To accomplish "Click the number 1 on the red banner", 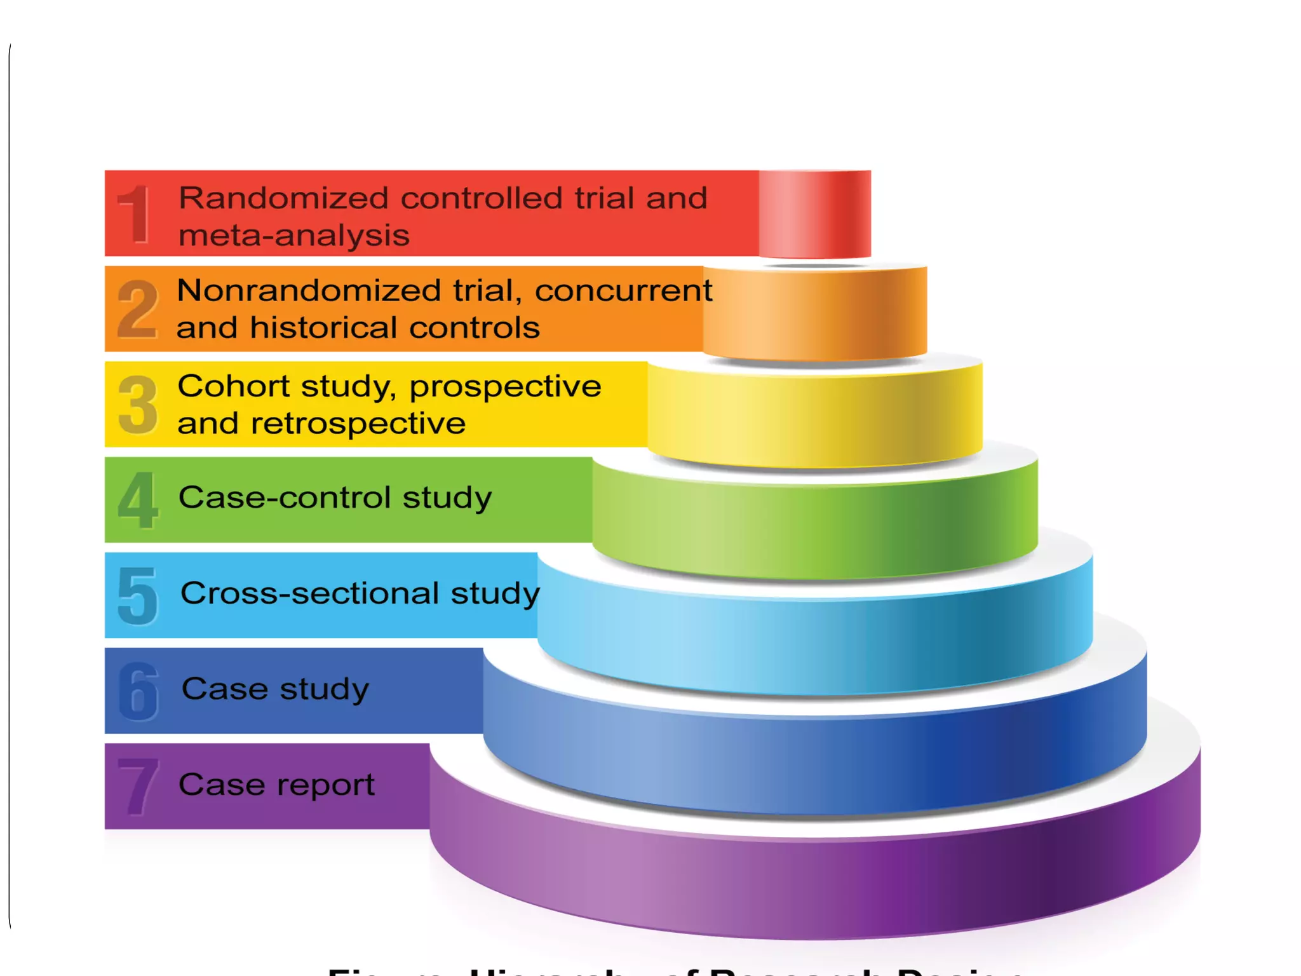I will [135, 214].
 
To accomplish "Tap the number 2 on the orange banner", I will [137, 309].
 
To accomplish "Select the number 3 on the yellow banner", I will [137, 405].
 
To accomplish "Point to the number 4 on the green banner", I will [137, 500].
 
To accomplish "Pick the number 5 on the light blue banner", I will [137, 595].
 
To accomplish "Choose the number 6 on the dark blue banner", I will [138, 691].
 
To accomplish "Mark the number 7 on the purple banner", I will [138, 787].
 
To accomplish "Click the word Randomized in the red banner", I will [283, 198].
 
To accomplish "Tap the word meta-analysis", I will [294, 236].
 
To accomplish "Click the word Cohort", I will [233, 386].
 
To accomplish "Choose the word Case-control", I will [284, 498].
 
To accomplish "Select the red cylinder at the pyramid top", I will [815, 214].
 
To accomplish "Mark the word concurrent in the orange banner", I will [624, 291].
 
